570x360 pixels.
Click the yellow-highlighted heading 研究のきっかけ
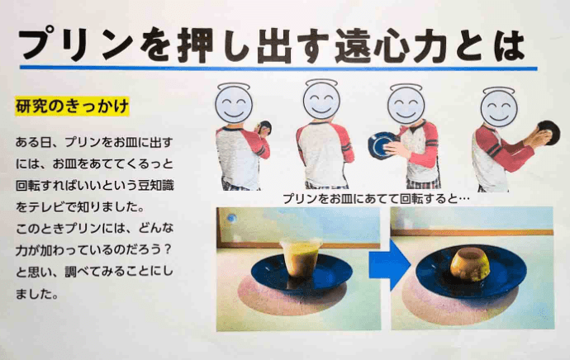click(72, 107)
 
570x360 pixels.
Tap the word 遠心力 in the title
click(390, 46)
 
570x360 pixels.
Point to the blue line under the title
click(278, 68)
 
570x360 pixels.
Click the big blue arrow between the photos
click(389, 264)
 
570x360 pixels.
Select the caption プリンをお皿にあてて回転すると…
click(376, 198)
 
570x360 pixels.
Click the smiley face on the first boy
click(233, 104)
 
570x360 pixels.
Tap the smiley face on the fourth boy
click(499, 107)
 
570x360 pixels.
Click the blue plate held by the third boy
click(382, 145)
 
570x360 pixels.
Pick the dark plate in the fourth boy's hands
click(549, 133)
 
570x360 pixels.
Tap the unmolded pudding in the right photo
click(470, 265)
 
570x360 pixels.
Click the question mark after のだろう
click(167, 249)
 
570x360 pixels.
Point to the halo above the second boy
click(321, 83)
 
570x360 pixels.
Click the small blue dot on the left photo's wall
click(231, 218)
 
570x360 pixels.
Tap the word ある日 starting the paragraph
click(33, 142)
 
